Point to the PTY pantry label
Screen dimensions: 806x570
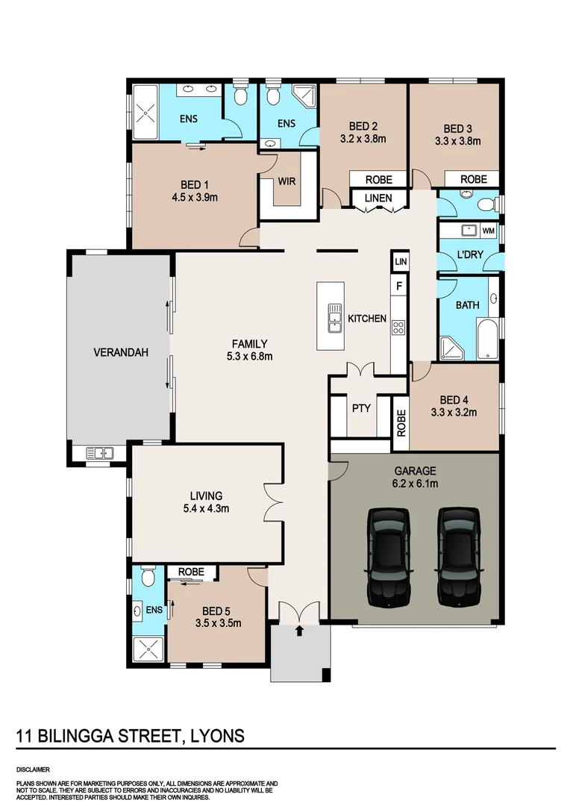click(x=361, y=408)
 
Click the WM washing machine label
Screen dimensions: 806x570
click(x=488, y=231)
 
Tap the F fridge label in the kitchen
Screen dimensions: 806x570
click(x=399, y=286)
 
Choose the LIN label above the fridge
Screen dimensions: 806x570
click(x=400, y=262)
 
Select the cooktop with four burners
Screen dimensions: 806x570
click(x=398, y=326)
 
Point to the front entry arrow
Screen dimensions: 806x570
click(x=300, y=631)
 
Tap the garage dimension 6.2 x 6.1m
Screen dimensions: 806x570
click(x=414, y=484)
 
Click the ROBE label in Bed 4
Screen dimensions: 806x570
click(x=401, y=423)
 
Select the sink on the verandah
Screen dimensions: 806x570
click(x=99, y=452)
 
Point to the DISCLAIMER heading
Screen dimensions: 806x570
click(x=33, y=768)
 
